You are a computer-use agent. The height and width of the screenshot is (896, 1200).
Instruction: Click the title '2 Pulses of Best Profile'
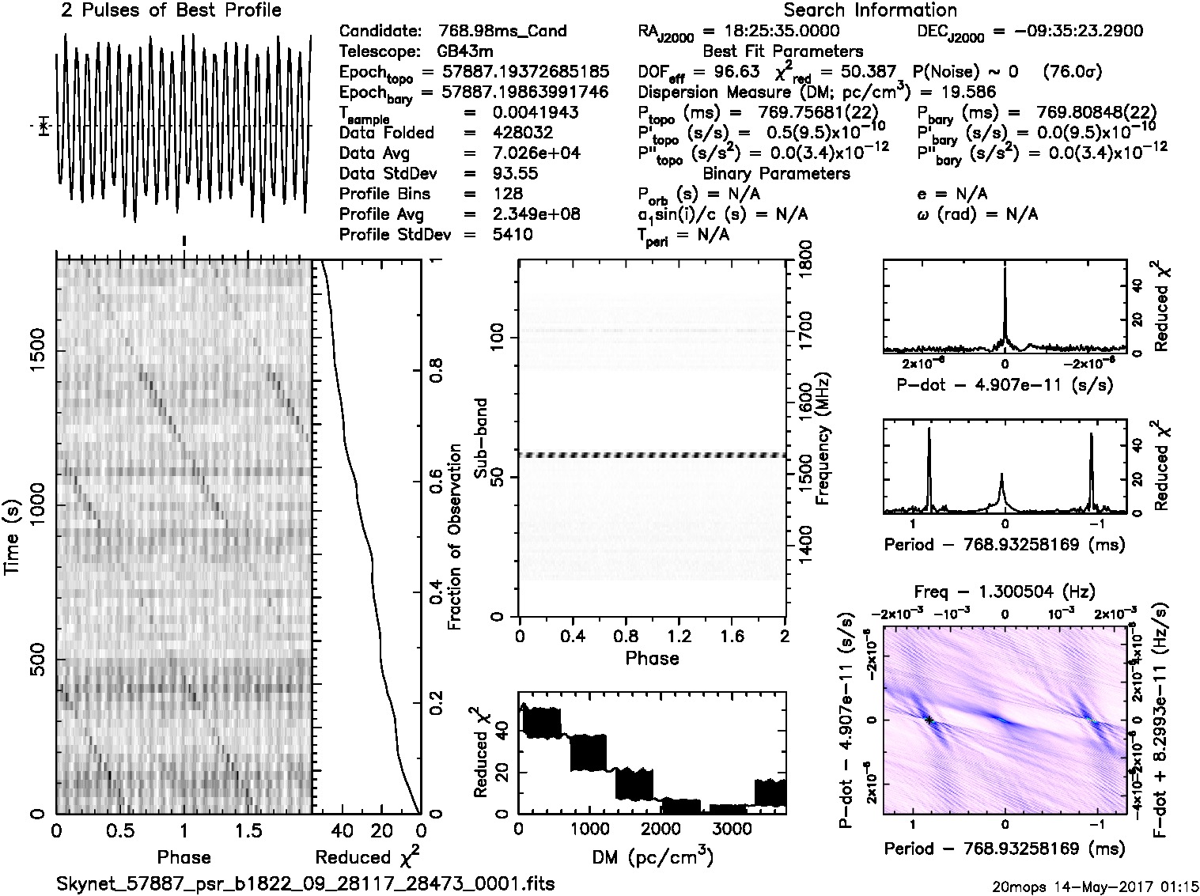pyautogui.click(x=171, y=10)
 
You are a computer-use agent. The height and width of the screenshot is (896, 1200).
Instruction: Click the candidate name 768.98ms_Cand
pyautogui.click(x=502, y=32)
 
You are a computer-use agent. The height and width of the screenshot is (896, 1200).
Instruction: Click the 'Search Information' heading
pyautogui.click(x=869, y=10)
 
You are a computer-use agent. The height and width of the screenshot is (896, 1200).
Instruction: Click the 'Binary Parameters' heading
pyautogui.click(x=776, y=173)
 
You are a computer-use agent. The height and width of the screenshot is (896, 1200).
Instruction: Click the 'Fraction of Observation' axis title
pyautogui.click(x=455, y=537)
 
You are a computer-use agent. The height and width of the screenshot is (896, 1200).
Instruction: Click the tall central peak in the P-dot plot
pyautogui.click(x=1005, y=273)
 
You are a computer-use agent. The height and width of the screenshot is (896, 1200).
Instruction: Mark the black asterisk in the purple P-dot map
pyautogui.click(x=929, y=720)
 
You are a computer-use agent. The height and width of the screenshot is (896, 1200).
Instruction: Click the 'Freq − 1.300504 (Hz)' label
pyautogui.click(x=1005, y=592)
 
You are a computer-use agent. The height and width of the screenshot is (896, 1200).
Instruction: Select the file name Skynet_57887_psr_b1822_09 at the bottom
pyautogui.click(x=305, y=883)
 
